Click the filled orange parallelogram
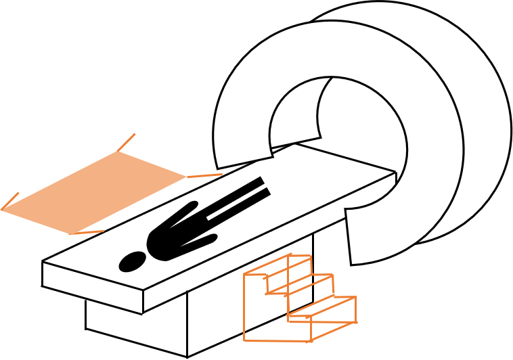(x=95, y=192)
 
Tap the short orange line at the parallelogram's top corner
(x=127, y=142)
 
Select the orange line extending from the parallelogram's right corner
(x=204, y=175)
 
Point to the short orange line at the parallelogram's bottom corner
(x=87, y=233)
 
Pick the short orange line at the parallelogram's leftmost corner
(x=10, y=201)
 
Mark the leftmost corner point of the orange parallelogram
(x=2, y=210)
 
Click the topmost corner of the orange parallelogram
(x=118, y=152)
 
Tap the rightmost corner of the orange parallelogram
(x=186, y=177)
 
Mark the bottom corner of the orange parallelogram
(x=70, y=234)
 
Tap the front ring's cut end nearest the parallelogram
(x=244, y=162)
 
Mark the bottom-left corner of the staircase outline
(x=244, y=340)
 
